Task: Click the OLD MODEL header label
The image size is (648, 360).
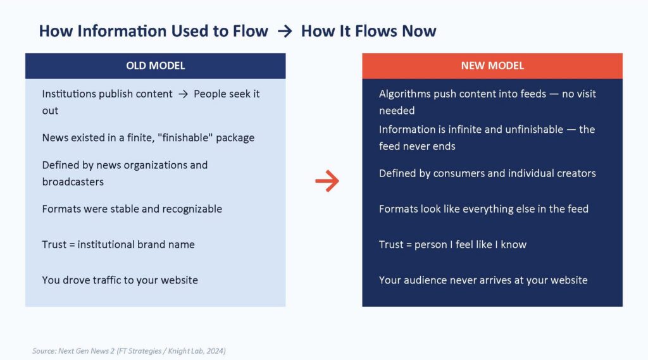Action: pos(156,66)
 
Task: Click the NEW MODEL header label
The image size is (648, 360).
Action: pos(492,66)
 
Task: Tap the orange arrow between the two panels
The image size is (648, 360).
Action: pos(327,181)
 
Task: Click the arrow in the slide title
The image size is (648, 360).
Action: pos(285,32)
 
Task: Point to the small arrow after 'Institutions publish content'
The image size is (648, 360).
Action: pos(183,94)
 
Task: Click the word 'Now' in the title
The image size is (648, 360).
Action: pos(420,31)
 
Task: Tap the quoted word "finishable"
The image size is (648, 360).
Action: pos(185,138)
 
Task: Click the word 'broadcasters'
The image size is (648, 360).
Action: pos(73,182)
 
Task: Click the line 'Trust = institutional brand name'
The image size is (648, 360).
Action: pos(118,245)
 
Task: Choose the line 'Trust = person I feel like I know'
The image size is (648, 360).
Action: pos(452,245)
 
